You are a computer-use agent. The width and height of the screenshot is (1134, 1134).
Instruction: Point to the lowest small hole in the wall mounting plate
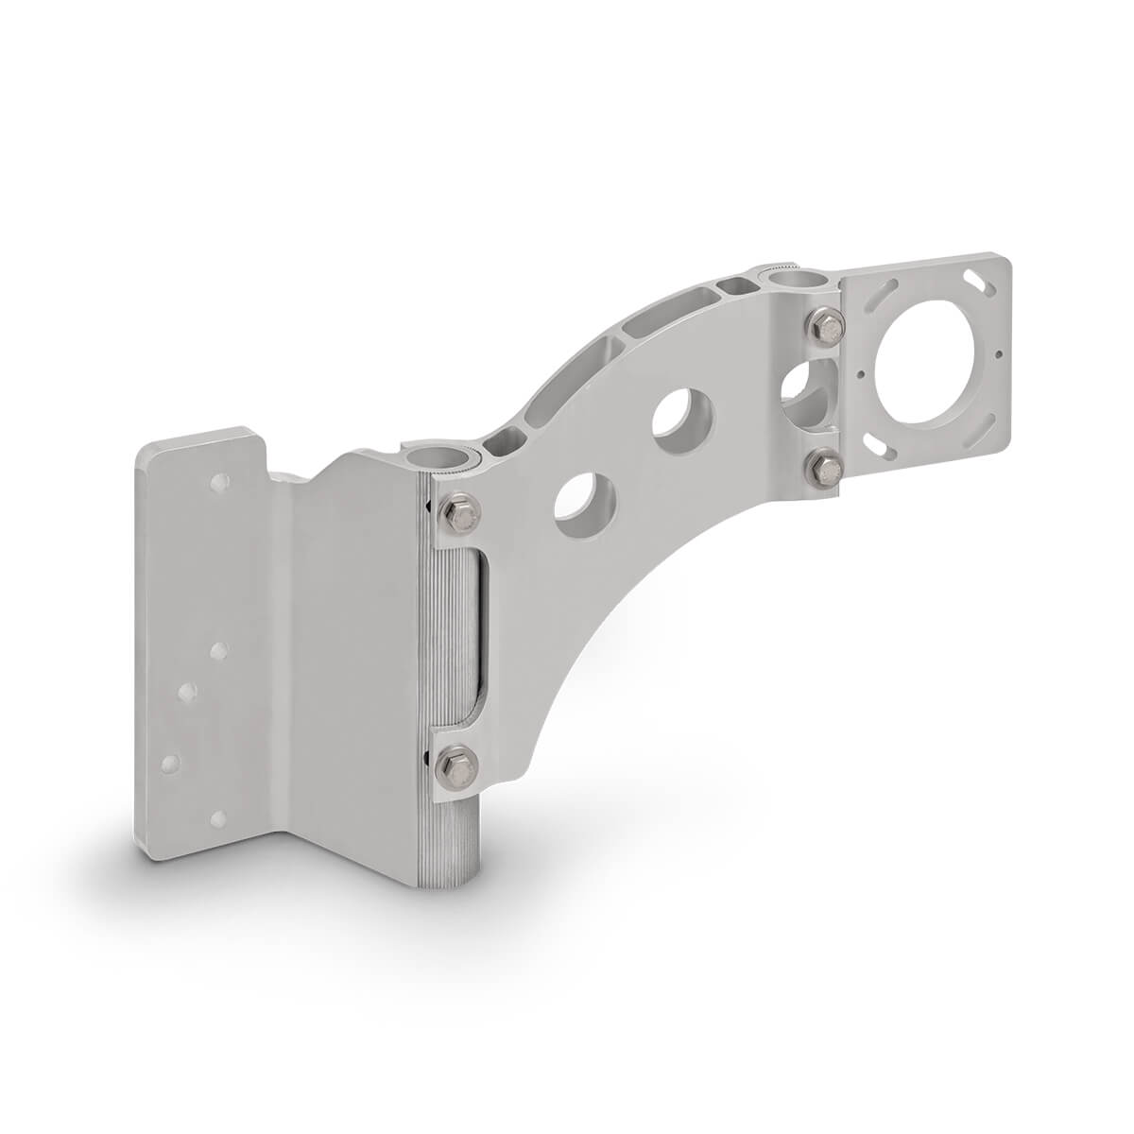(x=219, y=816)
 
